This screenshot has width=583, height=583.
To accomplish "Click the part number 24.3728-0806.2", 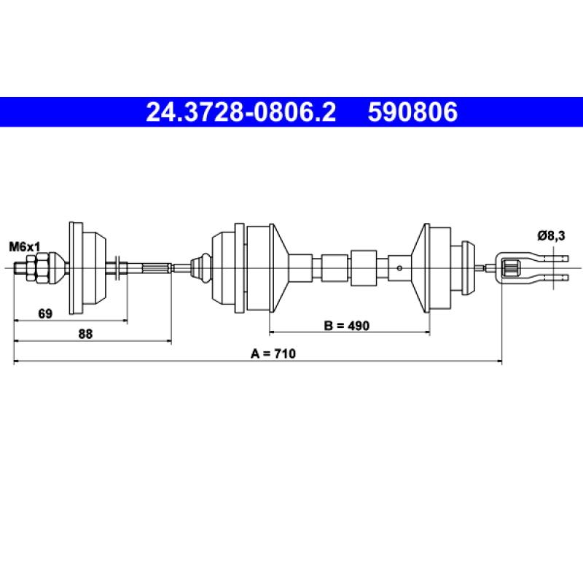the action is [241, 112].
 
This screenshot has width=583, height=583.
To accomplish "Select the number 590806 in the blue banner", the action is [412, 112].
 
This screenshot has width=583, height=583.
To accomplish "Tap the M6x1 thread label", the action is [25, 246].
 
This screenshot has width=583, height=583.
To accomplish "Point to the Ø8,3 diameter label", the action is [551, 235].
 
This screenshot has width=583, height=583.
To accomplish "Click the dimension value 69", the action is [45, 313].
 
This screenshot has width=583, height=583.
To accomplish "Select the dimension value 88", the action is [85, 334].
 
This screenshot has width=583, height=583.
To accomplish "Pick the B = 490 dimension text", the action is [347, 326].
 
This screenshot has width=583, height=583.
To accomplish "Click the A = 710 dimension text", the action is [273, 353].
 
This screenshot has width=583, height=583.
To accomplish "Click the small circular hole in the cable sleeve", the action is [399, 268].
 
